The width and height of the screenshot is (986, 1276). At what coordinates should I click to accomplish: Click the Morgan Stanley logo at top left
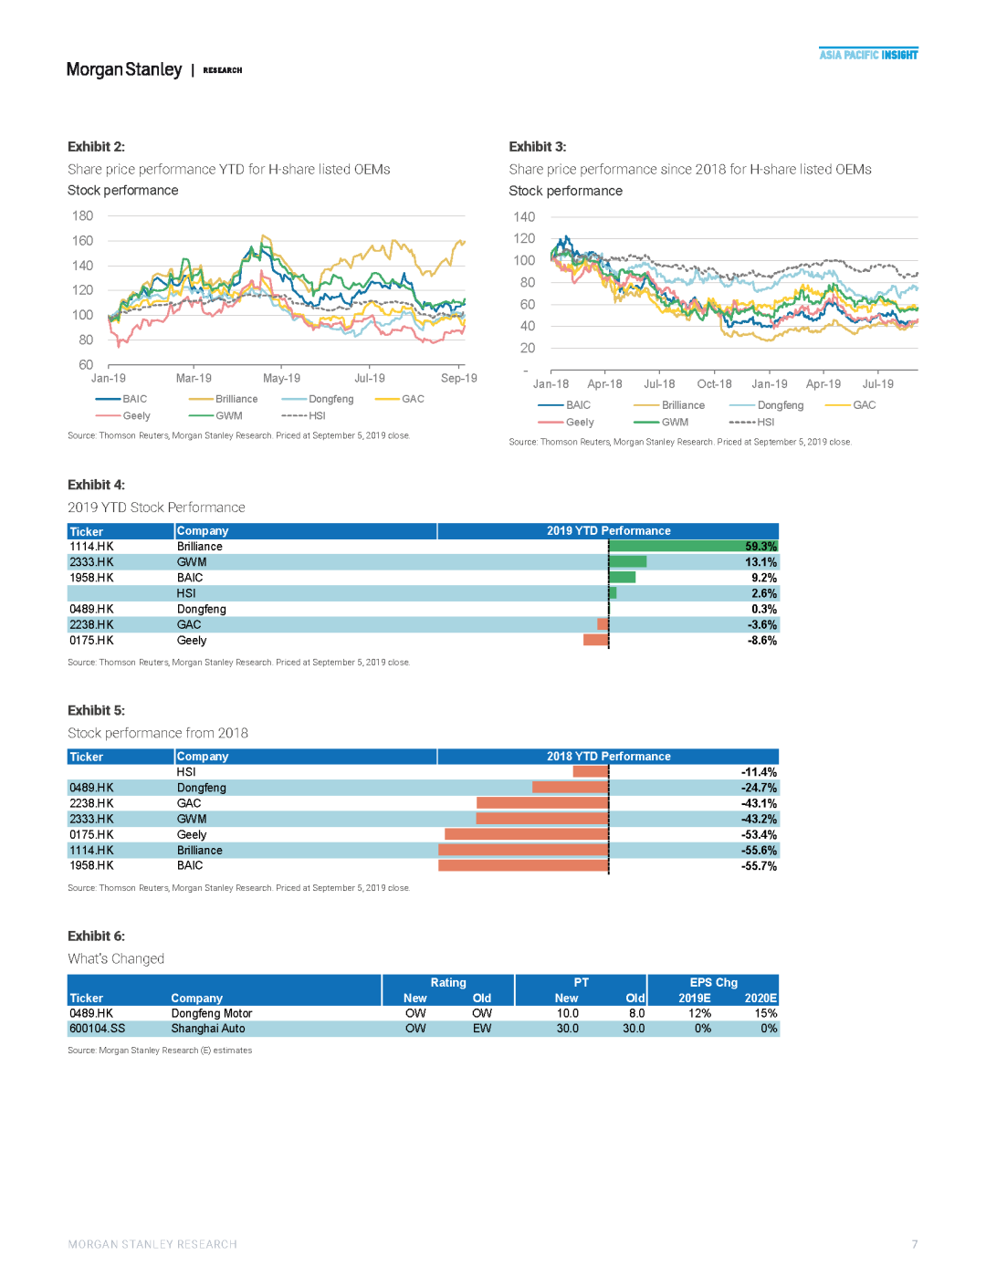click(124, 69)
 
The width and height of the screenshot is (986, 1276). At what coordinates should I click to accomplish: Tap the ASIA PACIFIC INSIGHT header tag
click(868, 55)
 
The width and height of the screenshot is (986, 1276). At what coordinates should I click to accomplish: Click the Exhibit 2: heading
click(96, 146)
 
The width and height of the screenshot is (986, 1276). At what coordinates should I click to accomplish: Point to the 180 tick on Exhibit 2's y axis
click(82, 216)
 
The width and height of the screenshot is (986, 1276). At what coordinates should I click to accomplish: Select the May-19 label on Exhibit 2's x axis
click(281, 378)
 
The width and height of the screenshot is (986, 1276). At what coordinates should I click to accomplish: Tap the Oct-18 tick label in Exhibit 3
click(714, 384)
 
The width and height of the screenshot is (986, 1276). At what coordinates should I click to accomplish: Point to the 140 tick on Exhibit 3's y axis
click(524, 217)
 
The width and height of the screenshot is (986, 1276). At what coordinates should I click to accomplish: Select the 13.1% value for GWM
click(760, 562)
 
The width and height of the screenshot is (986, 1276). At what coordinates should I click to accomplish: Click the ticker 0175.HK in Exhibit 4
click(91, 641)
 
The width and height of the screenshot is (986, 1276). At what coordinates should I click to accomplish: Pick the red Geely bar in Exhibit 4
click(595, 641)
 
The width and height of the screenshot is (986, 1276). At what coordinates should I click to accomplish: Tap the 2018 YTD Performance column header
click(608, 757)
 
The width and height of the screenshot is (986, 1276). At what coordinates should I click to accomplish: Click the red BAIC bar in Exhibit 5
click(523, 865)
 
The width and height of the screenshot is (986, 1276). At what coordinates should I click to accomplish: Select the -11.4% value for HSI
click(759, 772)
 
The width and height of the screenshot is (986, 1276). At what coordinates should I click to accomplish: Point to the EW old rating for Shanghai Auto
click(482, 1029)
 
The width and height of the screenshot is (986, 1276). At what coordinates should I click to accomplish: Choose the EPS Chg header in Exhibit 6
click(713, 983)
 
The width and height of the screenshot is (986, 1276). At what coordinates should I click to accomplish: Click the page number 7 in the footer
click(914, 1244)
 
